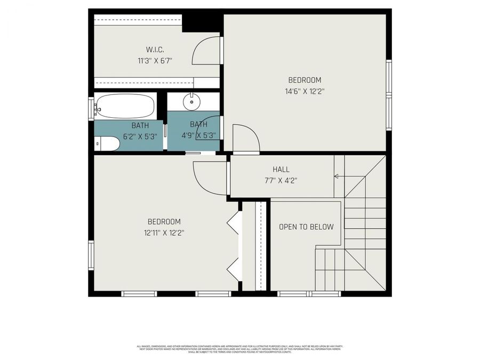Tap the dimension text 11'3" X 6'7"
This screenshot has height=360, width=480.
click(x=154, y=61)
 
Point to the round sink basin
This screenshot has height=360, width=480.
click(x=190, y=101)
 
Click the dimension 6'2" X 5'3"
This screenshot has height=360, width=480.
click(x=140, y=135)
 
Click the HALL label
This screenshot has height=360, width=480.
click(x=281, y=170)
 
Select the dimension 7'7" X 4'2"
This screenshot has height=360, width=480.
click(x=281, y=180)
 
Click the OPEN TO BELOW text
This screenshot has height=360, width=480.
click(x=306, y=227)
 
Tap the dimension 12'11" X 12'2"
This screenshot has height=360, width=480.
click(x=164, y=233)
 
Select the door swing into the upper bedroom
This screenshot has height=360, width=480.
click(x=245, y=139)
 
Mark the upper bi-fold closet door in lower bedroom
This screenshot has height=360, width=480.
click(x=233, y=222)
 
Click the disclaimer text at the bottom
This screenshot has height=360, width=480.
click(x=240, y=349)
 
